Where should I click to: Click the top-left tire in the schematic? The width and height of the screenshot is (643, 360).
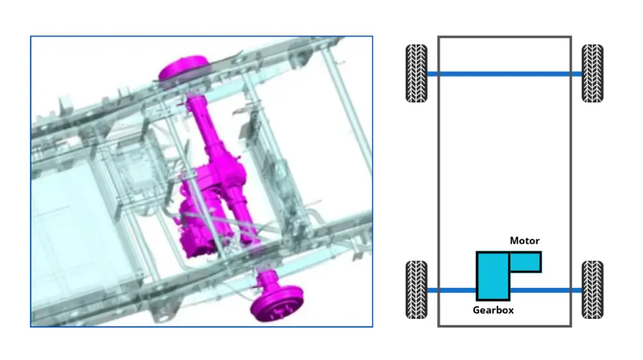(x=417, y=73)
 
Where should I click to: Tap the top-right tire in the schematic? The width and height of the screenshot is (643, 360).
(x=592, y=73)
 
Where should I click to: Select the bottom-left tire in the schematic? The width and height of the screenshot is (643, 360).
(x=417, y=290)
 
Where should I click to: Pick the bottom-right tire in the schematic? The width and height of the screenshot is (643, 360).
(x=592, y=290)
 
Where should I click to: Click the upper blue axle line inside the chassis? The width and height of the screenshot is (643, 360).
(x=505, y=74)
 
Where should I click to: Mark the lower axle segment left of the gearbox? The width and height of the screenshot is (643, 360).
(x=458, y=291)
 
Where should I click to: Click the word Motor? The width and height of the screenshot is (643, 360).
(x=525, y=241)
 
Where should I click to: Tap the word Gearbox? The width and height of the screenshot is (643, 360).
(x=493, y=310)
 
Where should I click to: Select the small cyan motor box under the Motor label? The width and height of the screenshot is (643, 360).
(x=525, y=262)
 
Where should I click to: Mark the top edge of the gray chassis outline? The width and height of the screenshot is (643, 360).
(x=505, y=37)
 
